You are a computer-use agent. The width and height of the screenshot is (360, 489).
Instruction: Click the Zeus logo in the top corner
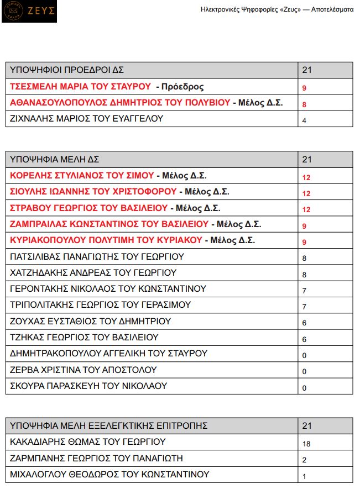coord(29,12)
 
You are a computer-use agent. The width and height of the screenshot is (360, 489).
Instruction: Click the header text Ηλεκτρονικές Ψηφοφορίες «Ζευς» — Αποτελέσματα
coord(276,10)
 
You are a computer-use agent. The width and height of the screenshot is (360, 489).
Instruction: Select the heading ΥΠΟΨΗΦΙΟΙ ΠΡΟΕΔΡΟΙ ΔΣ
coord(67,70)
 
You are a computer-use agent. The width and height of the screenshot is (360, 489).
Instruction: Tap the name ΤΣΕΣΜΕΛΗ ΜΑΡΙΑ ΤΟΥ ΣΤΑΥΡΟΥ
coord(81,87)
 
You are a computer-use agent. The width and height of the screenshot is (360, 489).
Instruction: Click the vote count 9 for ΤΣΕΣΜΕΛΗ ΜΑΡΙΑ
coord(304,88)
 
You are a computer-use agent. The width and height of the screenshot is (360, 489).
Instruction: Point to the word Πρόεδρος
coord(179,87)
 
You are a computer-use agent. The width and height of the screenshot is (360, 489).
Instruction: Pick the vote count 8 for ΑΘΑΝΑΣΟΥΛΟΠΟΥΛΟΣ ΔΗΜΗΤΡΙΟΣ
coord(304,104)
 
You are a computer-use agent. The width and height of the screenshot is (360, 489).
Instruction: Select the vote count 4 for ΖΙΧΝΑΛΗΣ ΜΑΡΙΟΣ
coord(304,120)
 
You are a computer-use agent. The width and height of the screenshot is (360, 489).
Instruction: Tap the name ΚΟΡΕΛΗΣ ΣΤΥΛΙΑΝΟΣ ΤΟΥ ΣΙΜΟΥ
coord(82,176)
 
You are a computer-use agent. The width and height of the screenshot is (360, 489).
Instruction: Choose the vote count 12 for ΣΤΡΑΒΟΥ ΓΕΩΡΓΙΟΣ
coord(306,209)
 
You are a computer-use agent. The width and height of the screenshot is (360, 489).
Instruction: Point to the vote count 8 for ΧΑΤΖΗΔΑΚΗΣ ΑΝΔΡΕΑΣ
coord(304,274)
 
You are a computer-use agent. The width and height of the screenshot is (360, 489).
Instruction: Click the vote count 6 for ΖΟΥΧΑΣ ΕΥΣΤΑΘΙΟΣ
coord(304,323)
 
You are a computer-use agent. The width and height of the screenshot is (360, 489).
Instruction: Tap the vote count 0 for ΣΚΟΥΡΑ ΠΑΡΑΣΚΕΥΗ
coord(304,387)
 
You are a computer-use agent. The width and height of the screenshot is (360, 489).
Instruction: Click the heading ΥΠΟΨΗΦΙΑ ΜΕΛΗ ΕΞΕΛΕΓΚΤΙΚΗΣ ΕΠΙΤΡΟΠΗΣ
coord(109,425)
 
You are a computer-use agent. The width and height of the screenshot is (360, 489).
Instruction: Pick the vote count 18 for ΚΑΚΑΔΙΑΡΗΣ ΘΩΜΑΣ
coord(306,443)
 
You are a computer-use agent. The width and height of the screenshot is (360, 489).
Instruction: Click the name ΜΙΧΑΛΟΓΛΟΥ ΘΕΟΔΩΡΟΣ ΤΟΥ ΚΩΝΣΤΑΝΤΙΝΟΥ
coord(110,474)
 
